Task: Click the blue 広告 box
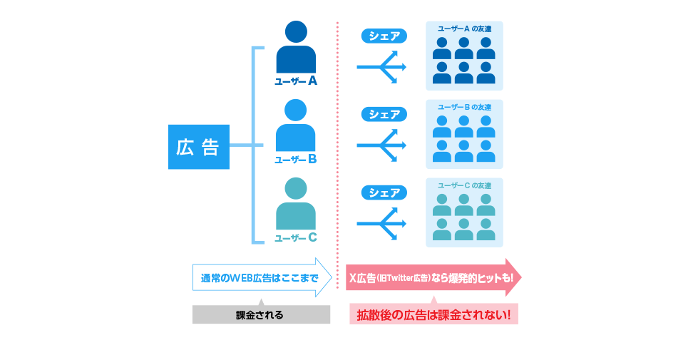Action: [x=198, y=148]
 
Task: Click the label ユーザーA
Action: [x=296, y=81]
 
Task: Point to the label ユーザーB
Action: [x=296, y=160]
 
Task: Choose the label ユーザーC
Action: [x=296, y=237]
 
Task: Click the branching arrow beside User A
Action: [x=382, y=67]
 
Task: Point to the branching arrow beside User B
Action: [x=382, y=145]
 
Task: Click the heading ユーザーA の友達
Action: [x=463, y=29]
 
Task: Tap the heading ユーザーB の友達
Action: [x=463, y=107]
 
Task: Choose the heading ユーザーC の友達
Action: [x=463, y=185]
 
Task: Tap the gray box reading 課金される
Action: [x=261, y=314]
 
